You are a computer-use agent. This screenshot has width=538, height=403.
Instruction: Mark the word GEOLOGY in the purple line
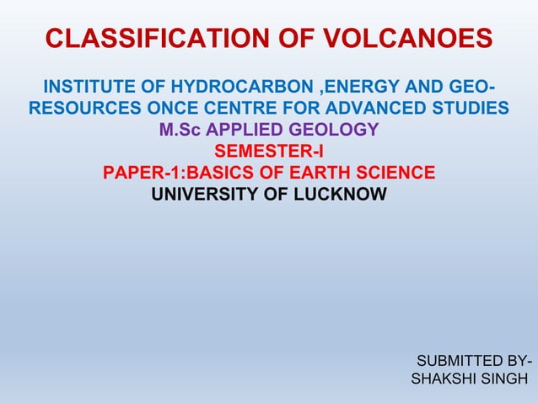(334, 131)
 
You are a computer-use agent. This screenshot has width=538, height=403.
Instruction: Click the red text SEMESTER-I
(269, 153)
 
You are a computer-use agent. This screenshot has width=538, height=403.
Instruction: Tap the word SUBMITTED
(465, 363)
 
